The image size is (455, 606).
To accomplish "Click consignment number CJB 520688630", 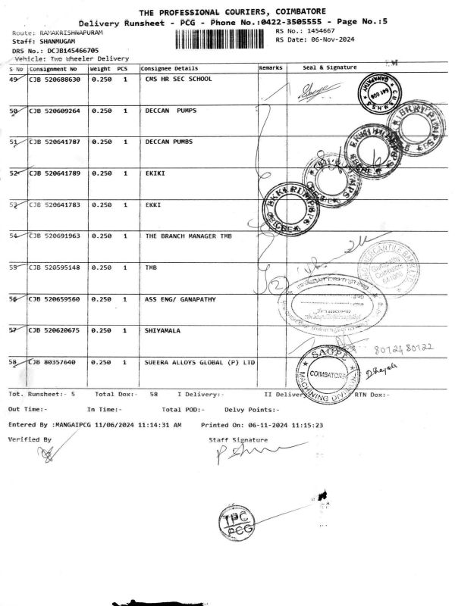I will [x=55, y=79].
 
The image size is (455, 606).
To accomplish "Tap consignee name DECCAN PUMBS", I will [x=168, y=142].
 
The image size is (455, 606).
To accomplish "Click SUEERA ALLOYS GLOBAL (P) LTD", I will [x=200, y=363].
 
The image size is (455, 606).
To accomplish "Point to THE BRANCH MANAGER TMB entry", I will [x=190, y=236].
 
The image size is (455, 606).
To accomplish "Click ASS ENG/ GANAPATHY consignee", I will [x=180, y=299].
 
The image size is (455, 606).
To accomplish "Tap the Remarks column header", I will [x=270, y=68].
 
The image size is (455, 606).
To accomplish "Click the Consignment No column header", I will [x=53, y=68].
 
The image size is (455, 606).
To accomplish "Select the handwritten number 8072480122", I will [x=405, y=347].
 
